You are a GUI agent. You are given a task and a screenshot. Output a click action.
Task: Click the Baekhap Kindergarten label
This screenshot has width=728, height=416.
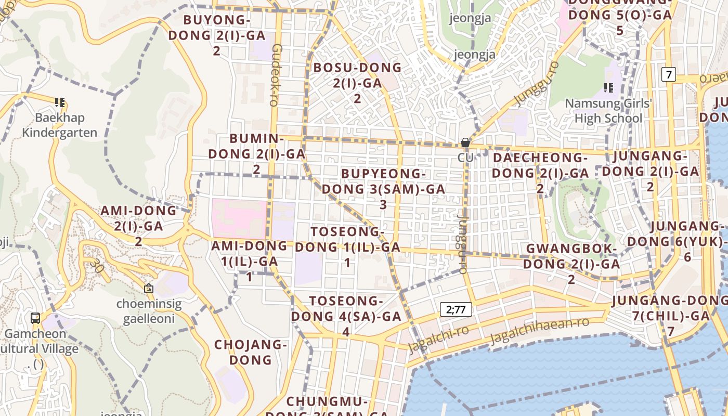click(59, 125)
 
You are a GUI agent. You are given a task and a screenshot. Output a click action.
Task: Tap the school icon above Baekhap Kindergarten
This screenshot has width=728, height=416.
click(60, 102)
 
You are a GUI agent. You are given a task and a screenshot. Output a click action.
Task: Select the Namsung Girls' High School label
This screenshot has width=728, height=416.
click(608, 111)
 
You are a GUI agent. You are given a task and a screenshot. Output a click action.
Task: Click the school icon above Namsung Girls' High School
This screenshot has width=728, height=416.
click(608, 87)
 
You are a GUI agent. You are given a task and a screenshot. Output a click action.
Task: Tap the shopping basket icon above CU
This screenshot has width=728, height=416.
click(465, 142)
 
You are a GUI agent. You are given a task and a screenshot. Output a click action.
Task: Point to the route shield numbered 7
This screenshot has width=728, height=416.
click(669, 74)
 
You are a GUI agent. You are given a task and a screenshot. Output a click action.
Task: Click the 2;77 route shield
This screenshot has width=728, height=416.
click(456, 310)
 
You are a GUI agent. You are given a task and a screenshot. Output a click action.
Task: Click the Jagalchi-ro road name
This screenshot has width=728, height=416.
click(439, 339)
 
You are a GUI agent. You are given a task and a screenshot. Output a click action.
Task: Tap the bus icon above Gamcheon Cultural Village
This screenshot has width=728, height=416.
click(35, 318)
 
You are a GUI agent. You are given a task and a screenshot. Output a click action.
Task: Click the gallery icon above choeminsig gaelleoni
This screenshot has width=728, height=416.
click(149, 288)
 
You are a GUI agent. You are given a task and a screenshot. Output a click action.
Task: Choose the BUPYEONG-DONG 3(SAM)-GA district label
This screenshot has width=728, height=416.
click(383, 188)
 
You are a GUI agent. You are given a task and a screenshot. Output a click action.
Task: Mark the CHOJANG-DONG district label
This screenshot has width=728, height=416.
click(251, 352)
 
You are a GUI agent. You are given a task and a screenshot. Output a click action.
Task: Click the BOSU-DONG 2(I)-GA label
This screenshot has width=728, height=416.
click(357, 82)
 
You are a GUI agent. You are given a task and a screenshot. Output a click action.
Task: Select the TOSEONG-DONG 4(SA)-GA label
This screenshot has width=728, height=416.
click(346, 316)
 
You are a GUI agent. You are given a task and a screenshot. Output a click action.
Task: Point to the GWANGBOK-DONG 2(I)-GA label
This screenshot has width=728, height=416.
click(571, 264)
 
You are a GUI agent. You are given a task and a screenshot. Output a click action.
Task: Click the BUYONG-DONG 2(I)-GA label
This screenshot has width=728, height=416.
click(217, 35)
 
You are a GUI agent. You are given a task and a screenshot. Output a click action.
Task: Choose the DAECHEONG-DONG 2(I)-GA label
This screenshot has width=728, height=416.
click(540, 172)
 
